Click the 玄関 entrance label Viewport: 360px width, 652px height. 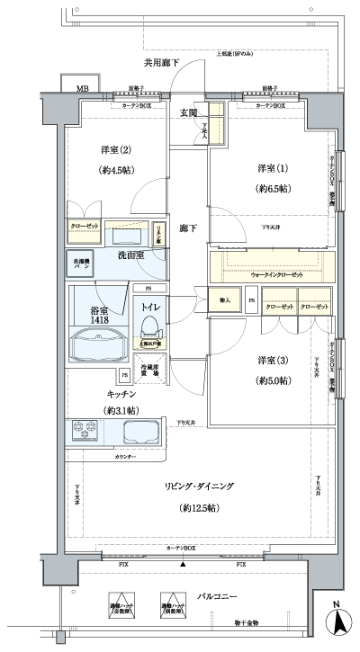point(189,112)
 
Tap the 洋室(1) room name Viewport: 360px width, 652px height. point(267,168)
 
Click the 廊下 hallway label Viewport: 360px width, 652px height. point(187,228)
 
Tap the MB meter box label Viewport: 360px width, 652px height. point(81,89)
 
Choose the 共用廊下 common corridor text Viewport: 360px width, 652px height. point(161,62)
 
